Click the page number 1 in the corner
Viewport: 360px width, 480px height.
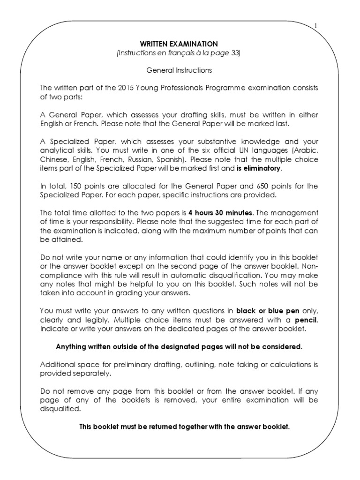tap(316, 26)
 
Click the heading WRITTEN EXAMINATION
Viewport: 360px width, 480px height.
tap(179, 44)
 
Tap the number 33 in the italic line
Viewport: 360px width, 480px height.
tap(234, 53)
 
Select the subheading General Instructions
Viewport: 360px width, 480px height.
tap(179, 70)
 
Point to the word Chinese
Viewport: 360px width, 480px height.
tap(52, 159)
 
